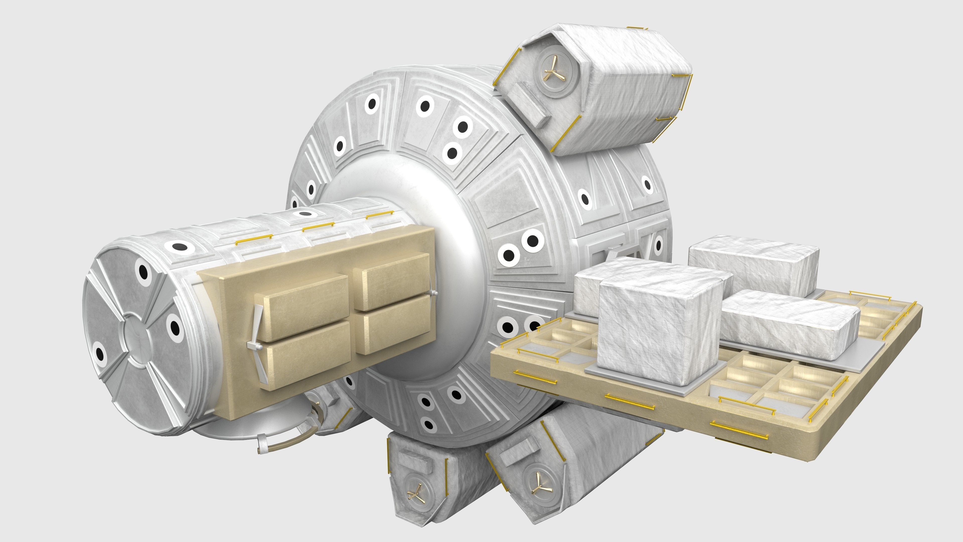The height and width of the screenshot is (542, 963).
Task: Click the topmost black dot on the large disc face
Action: pyautogui.click(x=425, y=106)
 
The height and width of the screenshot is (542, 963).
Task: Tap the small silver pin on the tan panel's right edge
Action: pyautogui.click(x=433, y=293)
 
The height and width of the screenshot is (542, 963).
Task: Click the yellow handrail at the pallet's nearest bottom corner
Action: pyautogui.click(x=738, y=434)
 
